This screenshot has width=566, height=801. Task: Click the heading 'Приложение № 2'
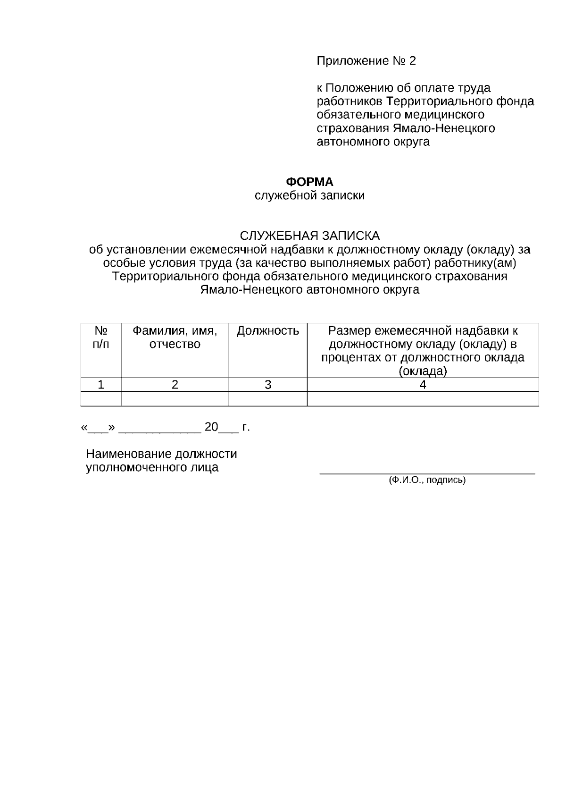366,61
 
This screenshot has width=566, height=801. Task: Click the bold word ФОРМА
309,182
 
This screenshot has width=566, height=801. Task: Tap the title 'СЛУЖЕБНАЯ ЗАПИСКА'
309,236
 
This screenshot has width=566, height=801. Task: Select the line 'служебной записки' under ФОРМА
309,195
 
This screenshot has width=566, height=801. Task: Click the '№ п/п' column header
101,337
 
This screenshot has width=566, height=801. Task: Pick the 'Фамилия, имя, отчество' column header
175,337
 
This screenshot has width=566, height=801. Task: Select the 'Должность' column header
267,331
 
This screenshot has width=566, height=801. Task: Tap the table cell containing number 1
101,385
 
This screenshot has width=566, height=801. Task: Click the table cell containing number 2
175,385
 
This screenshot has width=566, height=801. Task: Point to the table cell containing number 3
267,385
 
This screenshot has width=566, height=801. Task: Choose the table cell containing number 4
423,385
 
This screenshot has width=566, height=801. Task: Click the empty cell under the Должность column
267,399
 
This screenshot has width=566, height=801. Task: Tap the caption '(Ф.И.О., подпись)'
427,481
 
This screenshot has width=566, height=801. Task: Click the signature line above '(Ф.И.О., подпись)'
427,472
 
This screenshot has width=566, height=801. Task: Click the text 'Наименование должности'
161,454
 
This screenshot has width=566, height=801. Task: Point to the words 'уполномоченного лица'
152,468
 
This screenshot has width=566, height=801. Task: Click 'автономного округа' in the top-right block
373,142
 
